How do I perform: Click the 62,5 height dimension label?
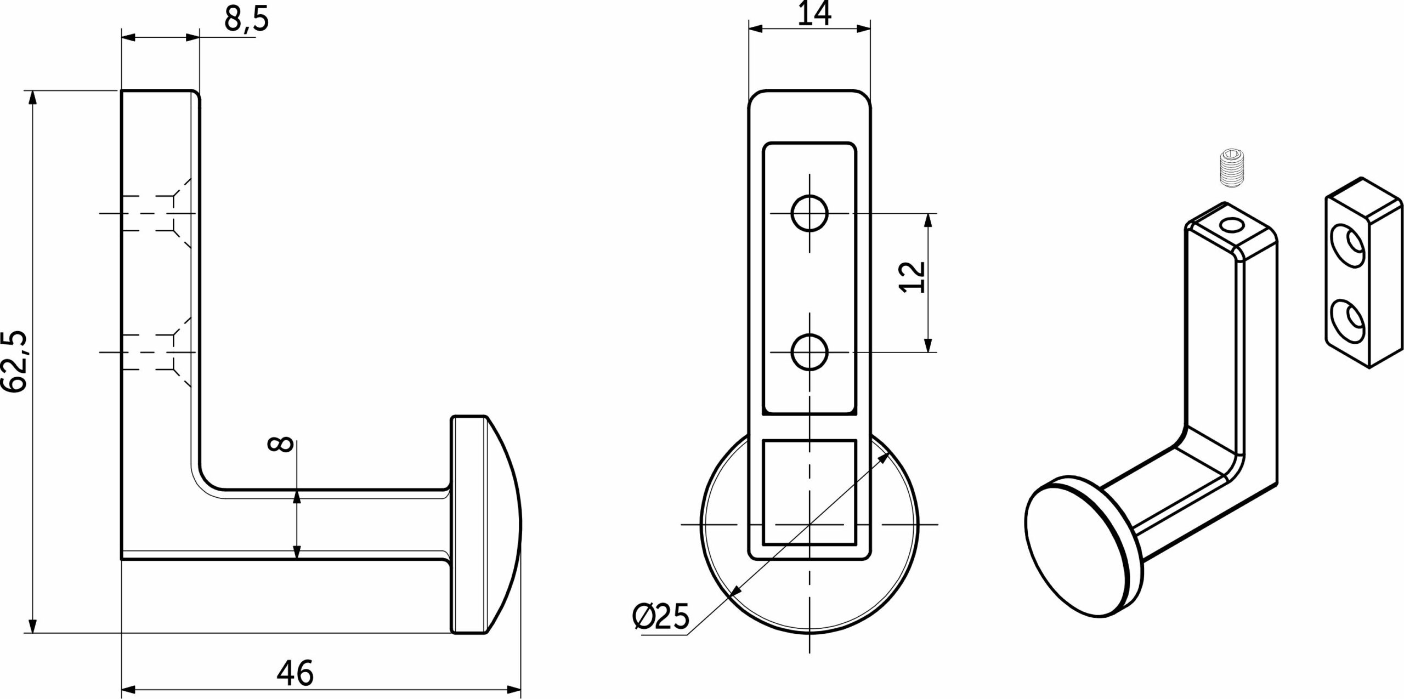click(x=15, y=361)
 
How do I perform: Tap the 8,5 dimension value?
click(x=246, y=20)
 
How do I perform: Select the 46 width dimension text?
click(x=295, y=673)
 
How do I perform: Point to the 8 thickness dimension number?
click(x=280, y=453)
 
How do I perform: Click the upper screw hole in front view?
click(x=809, y=213)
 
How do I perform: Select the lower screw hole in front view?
click(x=809, y=352)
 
